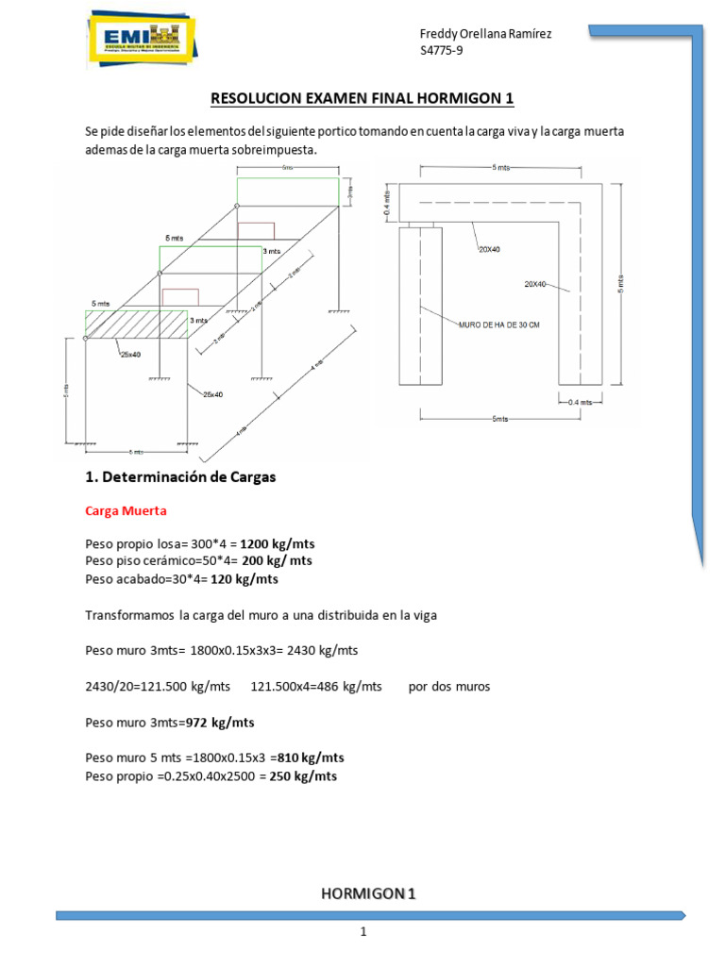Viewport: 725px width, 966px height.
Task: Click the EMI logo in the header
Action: coord(141,41)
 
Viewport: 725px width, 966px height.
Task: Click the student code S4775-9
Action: coord(441,51)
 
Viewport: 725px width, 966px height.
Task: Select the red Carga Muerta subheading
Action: coord(126,511)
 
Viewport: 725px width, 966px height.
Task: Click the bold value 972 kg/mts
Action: coord(220,723)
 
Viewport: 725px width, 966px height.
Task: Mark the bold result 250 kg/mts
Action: coord(303,775)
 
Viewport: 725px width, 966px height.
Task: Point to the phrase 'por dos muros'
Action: coord(449,687)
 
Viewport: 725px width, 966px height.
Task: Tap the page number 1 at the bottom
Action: coord(362,933)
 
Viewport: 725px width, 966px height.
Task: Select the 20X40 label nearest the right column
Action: coord(536,283)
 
